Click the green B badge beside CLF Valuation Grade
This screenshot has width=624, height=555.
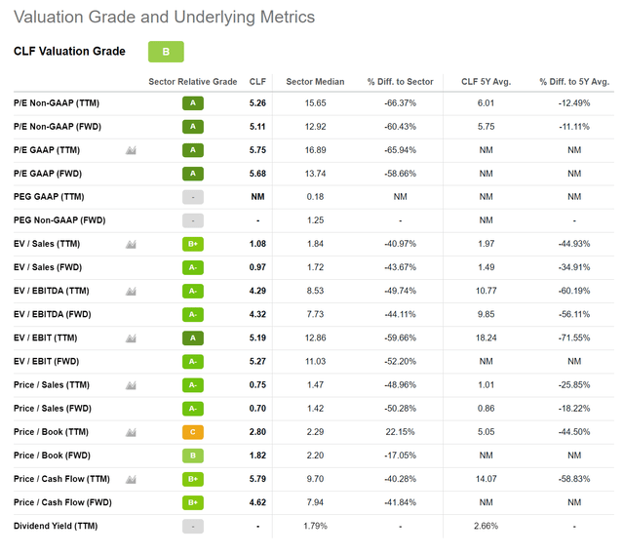[166, 52]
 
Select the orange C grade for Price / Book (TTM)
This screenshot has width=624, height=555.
[193, 432]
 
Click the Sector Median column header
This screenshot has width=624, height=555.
[315, 82]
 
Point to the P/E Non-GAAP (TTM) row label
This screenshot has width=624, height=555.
[57, 103]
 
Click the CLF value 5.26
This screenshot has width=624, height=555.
[257, 103]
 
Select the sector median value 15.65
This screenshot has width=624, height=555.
[315, 103]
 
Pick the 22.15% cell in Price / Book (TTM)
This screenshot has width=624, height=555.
[400, 432]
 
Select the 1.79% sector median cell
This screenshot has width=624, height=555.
[315, 527]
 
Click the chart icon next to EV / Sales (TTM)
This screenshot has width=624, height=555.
[130, 244]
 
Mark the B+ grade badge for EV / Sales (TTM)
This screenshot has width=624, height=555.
[193, 244]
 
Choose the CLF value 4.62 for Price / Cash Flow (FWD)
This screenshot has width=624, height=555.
[257, 503]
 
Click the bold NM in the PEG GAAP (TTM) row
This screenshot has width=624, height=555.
[257, 197]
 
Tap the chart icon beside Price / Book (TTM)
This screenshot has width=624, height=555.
[130, 432]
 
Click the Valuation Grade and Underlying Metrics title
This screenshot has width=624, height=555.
[165, 18]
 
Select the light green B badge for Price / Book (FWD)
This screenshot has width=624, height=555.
[193, 456]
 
